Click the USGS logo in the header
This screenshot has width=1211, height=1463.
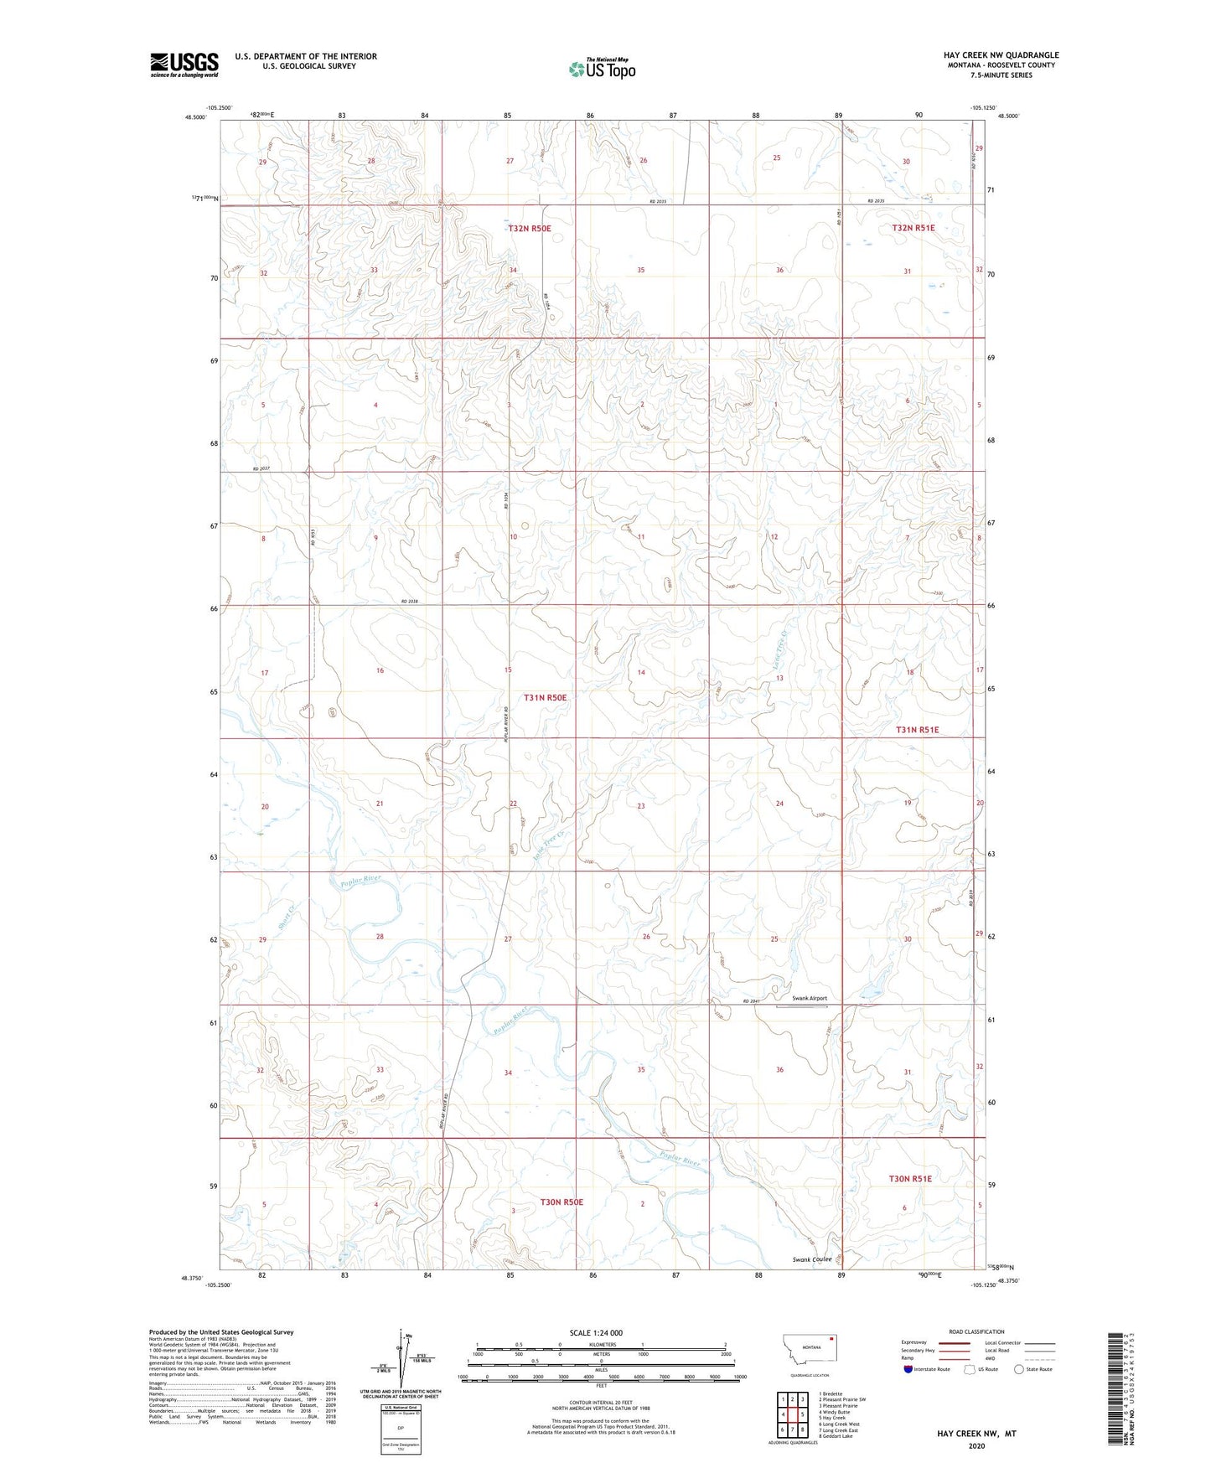pyautogui.click(x=184, y=65)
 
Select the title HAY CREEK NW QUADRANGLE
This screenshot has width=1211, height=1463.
pyautogui.click(x=1001, y=55)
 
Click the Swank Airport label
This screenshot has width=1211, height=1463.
pyautogui.click(x=810, y=998)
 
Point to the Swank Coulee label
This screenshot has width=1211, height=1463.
pyautogui.click(x=812, y=1259)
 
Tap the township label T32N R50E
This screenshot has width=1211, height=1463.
pyautogui.click(x=530, y=228)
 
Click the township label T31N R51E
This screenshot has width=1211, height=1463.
pyautogui.click(x=917, y=730)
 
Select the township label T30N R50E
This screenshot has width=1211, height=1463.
pyautogui.click(x=562, y=1202)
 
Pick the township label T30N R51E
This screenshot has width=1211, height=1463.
pyautogui.click(x=910, y=1178)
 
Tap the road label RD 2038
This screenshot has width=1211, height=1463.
pyautogui.click(x=409, y=601)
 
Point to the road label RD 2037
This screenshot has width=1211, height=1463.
pyautogui.click(x=262, y=468)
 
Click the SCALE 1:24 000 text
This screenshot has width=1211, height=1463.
pyautogui.click(x=596, y=1332)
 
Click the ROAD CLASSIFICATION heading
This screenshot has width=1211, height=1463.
pyautogui.click(x=976, y=1331)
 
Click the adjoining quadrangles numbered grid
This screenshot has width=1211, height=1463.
pyautogui.click(x=792, y=1415)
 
